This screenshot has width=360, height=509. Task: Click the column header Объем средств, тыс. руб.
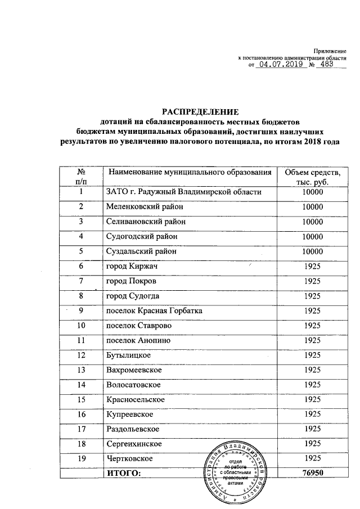312,177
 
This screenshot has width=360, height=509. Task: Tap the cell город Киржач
131,265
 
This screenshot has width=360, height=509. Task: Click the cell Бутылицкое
129,355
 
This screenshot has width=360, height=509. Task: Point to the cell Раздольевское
133,429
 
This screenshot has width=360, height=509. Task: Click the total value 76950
312,474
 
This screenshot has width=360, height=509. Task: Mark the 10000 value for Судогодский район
312,236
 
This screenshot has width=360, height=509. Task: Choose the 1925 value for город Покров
312,281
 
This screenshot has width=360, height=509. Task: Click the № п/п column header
82,177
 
